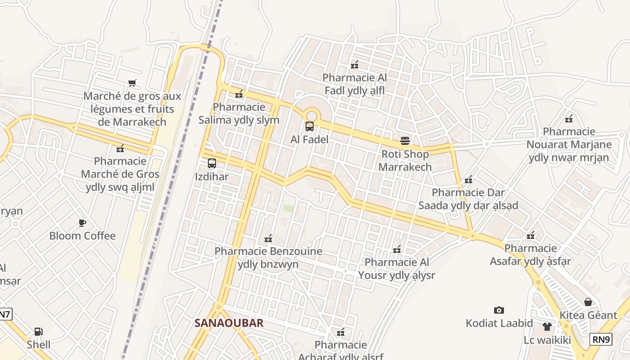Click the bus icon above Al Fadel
310,126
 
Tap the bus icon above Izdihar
212,163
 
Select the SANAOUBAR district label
229,323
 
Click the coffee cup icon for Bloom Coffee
82,223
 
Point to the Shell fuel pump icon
39,332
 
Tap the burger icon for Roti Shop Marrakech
405,141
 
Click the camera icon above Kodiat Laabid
499,310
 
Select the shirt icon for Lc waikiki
547,327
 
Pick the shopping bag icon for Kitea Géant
588,302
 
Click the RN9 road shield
601,339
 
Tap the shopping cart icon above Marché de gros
132,83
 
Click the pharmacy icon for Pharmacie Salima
239,94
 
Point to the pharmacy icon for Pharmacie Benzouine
268,238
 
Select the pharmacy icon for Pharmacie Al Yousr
397,249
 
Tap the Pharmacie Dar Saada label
468,199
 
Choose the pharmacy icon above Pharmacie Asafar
531,235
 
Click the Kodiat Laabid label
499,323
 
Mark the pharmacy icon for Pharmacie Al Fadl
355,65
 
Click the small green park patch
288,208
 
